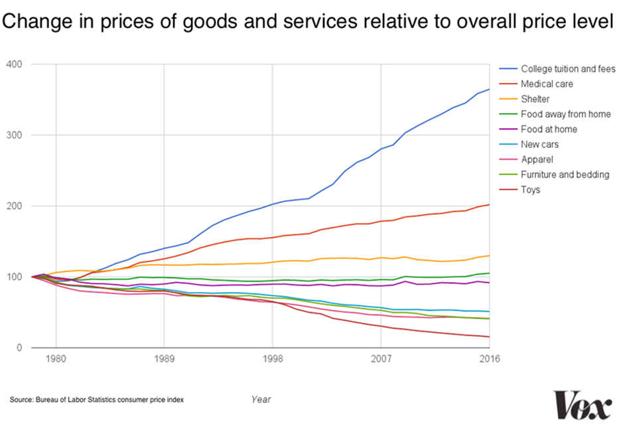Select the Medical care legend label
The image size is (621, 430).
coord(547,84)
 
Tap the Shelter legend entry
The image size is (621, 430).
coord(535,99)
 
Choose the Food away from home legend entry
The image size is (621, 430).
coord(565,114)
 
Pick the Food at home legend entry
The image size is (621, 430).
coord(549,129)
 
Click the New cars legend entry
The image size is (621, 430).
coord(539,145)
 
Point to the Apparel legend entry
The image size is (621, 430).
coord(537,159)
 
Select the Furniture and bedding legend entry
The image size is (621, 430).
coord(565,175)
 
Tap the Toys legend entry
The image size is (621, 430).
coord(530,190)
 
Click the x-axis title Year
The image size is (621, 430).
coord(261,399)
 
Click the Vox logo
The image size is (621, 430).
coord(583,405)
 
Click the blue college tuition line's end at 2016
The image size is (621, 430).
coord(489,89)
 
